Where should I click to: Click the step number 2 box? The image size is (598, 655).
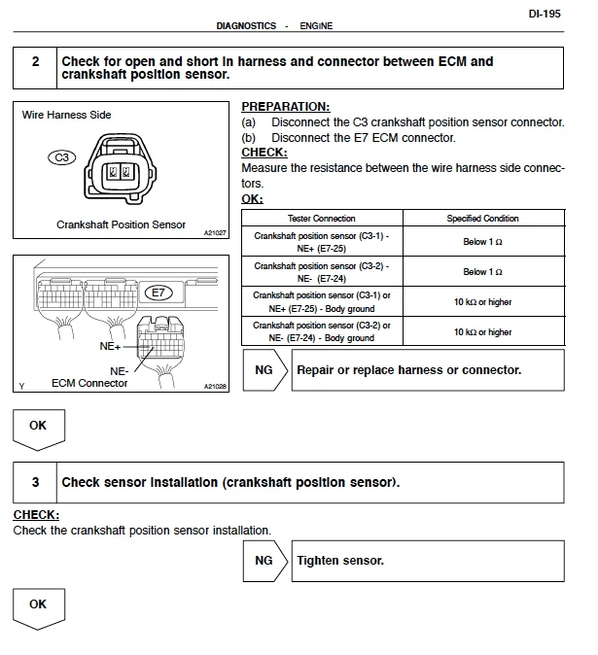35,62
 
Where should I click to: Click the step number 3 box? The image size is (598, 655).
35,482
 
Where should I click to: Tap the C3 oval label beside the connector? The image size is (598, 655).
61,156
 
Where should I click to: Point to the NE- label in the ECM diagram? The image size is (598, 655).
120,370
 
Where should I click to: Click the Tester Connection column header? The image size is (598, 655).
322,219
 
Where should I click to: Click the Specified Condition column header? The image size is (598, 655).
482,219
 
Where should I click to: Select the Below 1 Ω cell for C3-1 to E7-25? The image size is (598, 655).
482,242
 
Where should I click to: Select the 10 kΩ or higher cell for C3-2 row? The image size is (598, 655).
482,331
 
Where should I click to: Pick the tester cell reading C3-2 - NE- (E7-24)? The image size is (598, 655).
322,271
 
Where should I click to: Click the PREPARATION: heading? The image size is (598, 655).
285,106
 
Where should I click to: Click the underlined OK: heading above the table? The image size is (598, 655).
252,199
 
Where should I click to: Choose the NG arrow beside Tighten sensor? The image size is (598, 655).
265,561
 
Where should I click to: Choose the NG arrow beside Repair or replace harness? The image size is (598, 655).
265,370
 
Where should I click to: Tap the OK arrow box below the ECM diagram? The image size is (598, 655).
37,428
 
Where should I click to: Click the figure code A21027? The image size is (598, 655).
215,233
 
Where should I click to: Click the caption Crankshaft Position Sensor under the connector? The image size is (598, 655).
121,224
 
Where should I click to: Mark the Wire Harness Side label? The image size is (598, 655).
66,115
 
